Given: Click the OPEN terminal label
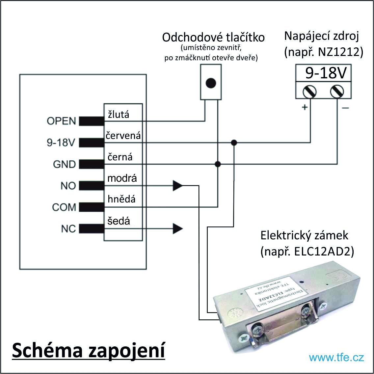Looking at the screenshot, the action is coord(61,121).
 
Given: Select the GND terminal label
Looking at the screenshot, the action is coord(65,164).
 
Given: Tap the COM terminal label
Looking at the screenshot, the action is coord(64,207).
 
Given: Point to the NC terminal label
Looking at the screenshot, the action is coord(68,229).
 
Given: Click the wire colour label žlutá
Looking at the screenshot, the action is coord(119,114).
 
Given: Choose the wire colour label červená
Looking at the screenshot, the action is coord(123,136).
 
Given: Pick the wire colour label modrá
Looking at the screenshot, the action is coord(122,178).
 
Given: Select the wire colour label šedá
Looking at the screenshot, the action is coord(119,221).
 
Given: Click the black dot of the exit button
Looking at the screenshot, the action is coord(211,83).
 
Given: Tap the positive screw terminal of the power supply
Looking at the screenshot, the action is coord(309,92).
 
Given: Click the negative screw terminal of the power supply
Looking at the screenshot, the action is coord(337,92).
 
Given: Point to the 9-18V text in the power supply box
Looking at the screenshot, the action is coord(326,73).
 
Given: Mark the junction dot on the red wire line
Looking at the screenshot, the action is coord(234,143).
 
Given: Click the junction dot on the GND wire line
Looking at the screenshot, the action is coord(218,164).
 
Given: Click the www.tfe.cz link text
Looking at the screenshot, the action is coord(336,358).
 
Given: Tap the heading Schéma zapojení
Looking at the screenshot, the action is coord(89,350).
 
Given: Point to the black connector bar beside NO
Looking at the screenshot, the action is coord(92,186).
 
